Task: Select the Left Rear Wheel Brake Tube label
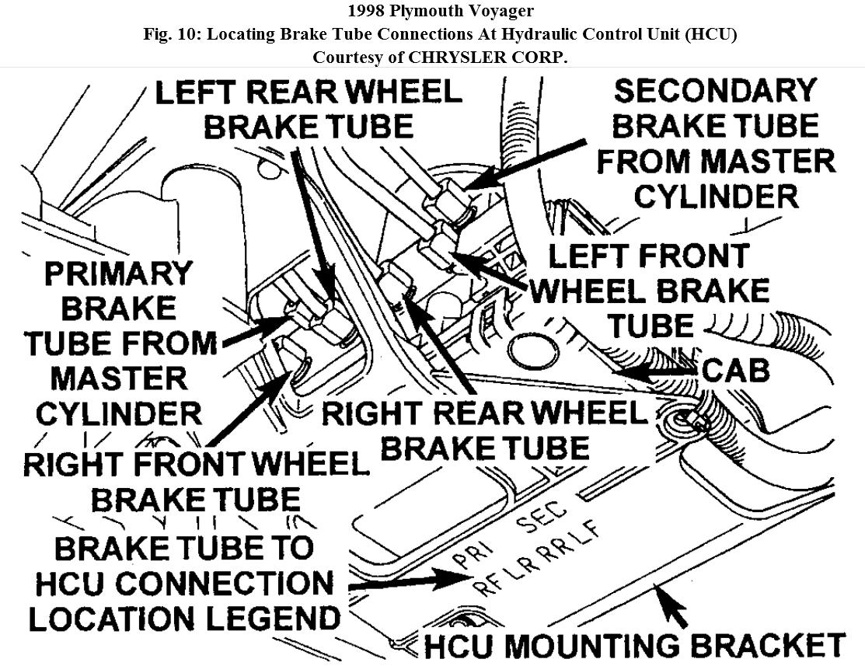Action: tap(309, 109)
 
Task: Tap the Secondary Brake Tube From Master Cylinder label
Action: tap(715, 144)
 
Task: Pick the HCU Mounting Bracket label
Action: tap(634, 646)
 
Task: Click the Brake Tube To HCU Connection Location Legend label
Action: tap(194, 584)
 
